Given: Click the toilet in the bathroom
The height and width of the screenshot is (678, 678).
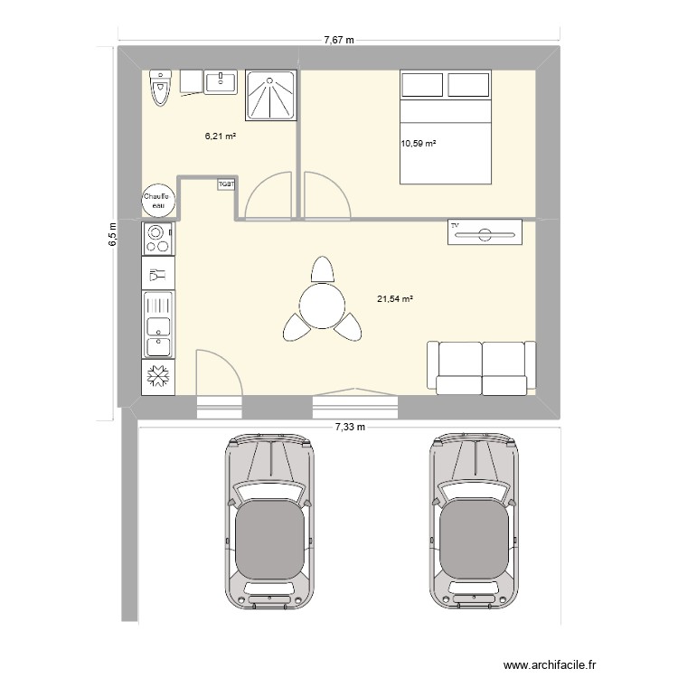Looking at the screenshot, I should click(161, 88).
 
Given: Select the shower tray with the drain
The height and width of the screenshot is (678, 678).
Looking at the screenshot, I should click(270, 95).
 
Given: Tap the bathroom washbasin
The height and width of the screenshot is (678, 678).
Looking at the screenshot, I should click(221, 82).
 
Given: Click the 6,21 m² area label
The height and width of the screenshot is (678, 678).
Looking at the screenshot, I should click(220, 137).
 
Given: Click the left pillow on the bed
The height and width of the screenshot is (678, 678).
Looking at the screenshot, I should click(421, 86).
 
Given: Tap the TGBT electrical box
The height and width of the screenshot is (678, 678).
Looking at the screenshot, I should click(226, 184).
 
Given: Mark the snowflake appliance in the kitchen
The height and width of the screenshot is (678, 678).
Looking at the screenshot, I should click(158, 377).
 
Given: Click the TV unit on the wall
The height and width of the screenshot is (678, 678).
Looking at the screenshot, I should click(485, 231).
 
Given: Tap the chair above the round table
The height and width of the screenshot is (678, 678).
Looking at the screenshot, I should click(321, 268).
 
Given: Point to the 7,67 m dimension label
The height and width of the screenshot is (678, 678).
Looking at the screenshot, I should click(339, 40).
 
